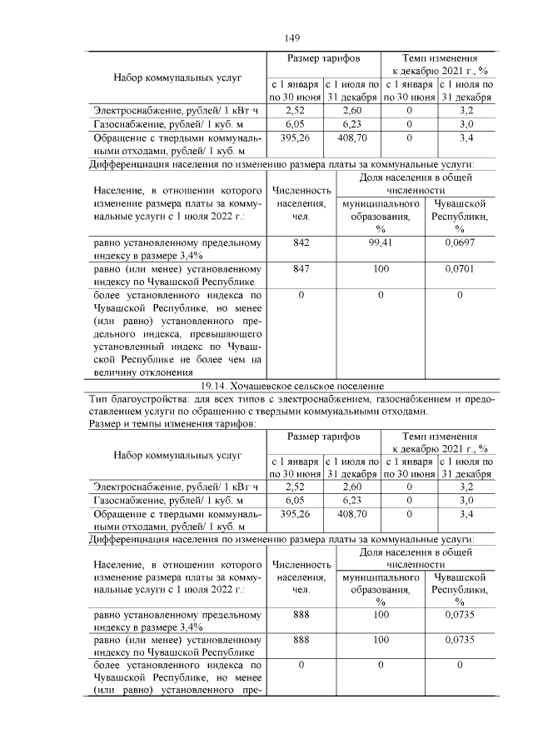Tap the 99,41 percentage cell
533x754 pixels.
point(381,243)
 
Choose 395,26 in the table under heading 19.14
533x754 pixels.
point(296,514)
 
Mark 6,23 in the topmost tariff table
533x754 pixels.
point(351,123)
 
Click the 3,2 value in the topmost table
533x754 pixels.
point(466,110)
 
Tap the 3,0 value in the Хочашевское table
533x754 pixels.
point(466,501)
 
